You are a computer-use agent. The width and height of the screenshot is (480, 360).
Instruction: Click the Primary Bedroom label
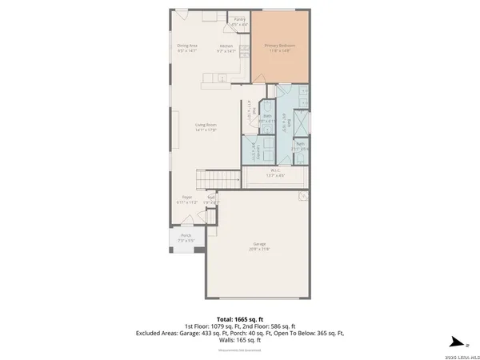(x=280, y=46)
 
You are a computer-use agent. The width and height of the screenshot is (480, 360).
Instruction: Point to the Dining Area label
(x=188, y=46)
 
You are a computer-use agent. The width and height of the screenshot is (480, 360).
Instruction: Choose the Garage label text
(x=256, y=244)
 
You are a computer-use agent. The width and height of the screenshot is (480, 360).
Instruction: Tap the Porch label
(x=186, y=235)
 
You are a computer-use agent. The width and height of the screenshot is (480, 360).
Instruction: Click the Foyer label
(x=186, y=196)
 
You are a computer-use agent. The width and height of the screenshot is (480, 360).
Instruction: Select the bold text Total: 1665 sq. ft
(x=240, y=318)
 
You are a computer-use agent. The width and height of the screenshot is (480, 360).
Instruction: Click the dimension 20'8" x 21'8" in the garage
(x=256, y=249)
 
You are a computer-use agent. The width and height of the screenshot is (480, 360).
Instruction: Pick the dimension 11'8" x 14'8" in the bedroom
(x=280, y=50)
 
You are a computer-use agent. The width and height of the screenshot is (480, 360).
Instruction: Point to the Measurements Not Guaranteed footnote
(x=240, y=350)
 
